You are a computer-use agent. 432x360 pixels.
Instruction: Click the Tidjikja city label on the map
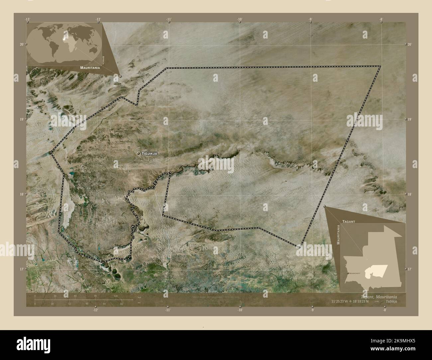(149, 153)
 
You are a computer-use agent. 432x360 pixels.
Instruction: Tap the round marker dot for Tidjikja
(138, 153)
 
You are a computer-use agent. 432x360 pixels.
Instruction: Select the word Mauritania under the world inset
(90, 67)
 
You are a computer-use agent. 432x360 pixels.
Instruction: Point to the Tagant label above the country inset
(349, 221)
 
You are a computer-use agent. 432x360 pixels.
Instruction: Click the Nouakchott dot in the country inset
(348, 273)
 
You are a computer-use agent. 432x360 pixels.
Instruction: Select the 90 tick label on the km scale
(96, 296)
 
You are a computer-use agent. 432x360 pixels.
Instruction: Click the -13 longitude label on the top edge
(28, 19)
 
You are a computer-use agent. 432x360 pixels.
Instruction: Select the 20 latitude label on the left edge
(22, 44)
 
